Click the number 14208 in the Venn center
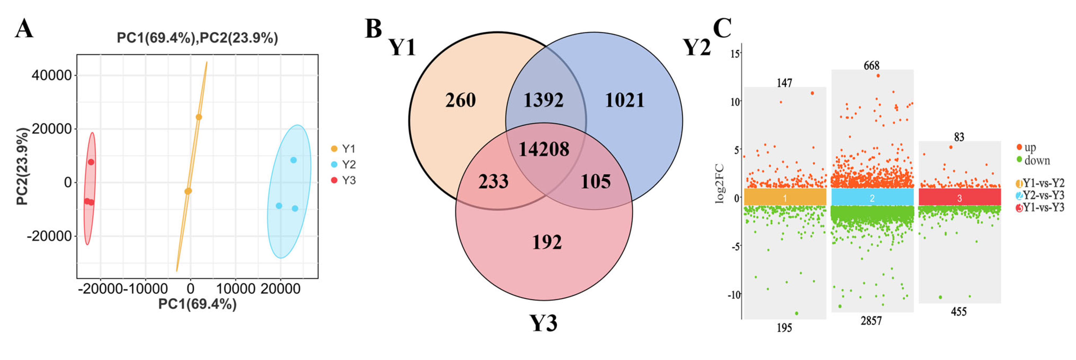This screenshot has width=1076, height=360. [x=543, y=149]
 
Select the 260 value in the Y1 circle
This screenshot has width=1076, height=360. [x=460, y=100]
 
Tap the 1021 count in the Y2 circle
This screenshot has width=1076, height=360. [x=625, y=100]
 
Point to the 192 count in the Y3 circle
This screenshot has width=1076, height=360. [x=547, y=242]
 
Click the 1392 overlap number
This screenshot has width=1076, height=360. [x=543, y=100]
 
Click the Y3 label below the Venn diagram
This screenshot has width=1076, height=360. [x=543, y=323]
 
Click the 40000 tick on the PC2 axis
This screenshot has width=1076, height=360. [x=52, y=76]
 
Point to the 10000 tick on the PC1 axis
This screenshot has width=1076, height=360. [x=235, y=289]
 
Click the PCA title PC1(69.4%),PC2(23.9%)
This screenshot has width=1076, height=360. [x=197, y=38]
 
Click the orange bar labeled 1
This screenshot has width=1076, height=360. [x=785, y=197]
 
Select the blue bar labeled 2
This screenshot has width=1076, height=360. [x=872, y=197]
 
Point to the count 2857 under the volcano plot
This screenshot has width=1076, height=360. [x=871, y=321]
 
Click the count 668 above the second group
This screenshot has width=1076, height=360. [x=871, y=66]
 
